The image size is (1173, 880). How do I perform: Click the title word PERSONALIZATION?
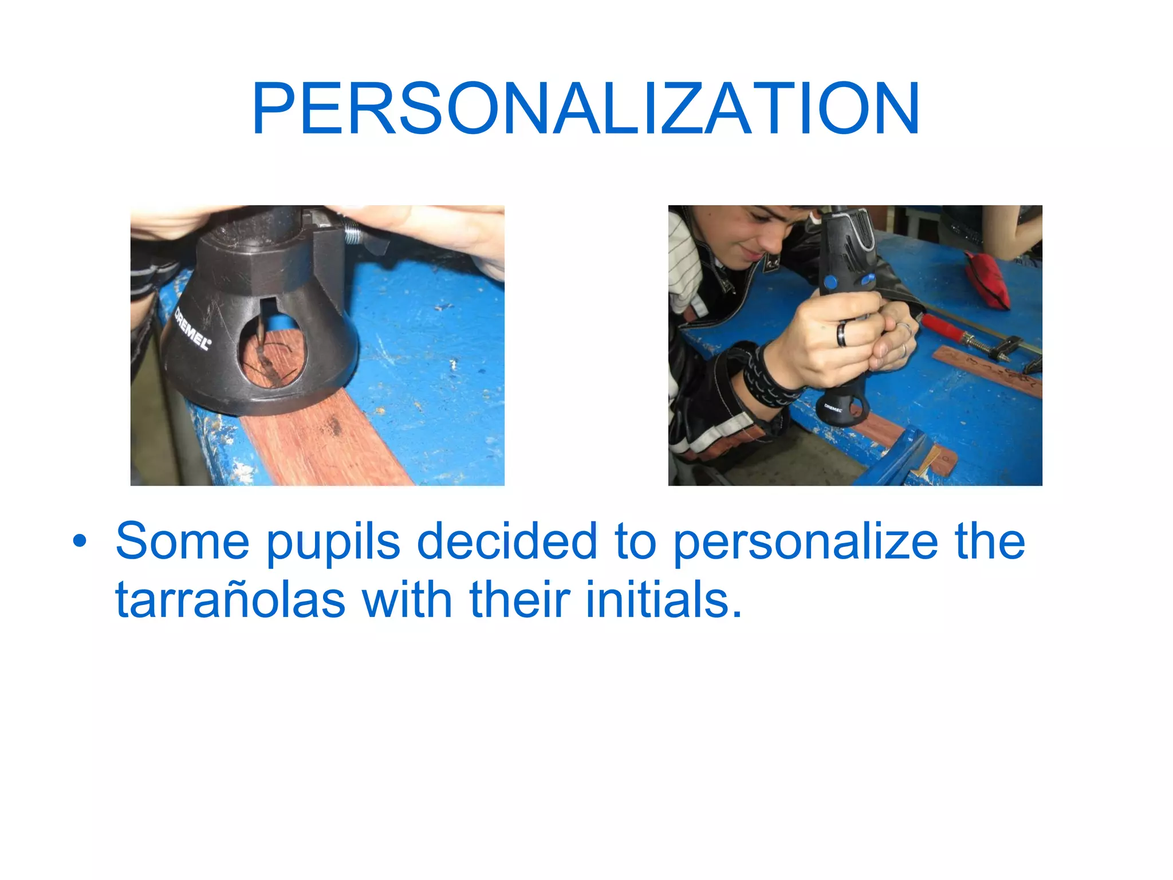585,109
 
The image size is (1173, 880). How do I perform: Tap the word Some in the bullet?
182,541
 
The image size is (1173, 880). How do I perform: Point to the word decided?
506,541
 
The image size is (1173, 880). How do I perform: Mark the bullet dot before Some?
80,541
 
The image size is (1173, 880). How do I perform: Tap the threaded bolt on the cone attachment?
352,234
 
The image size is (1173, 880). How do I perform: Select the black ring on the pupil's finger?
842,333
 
